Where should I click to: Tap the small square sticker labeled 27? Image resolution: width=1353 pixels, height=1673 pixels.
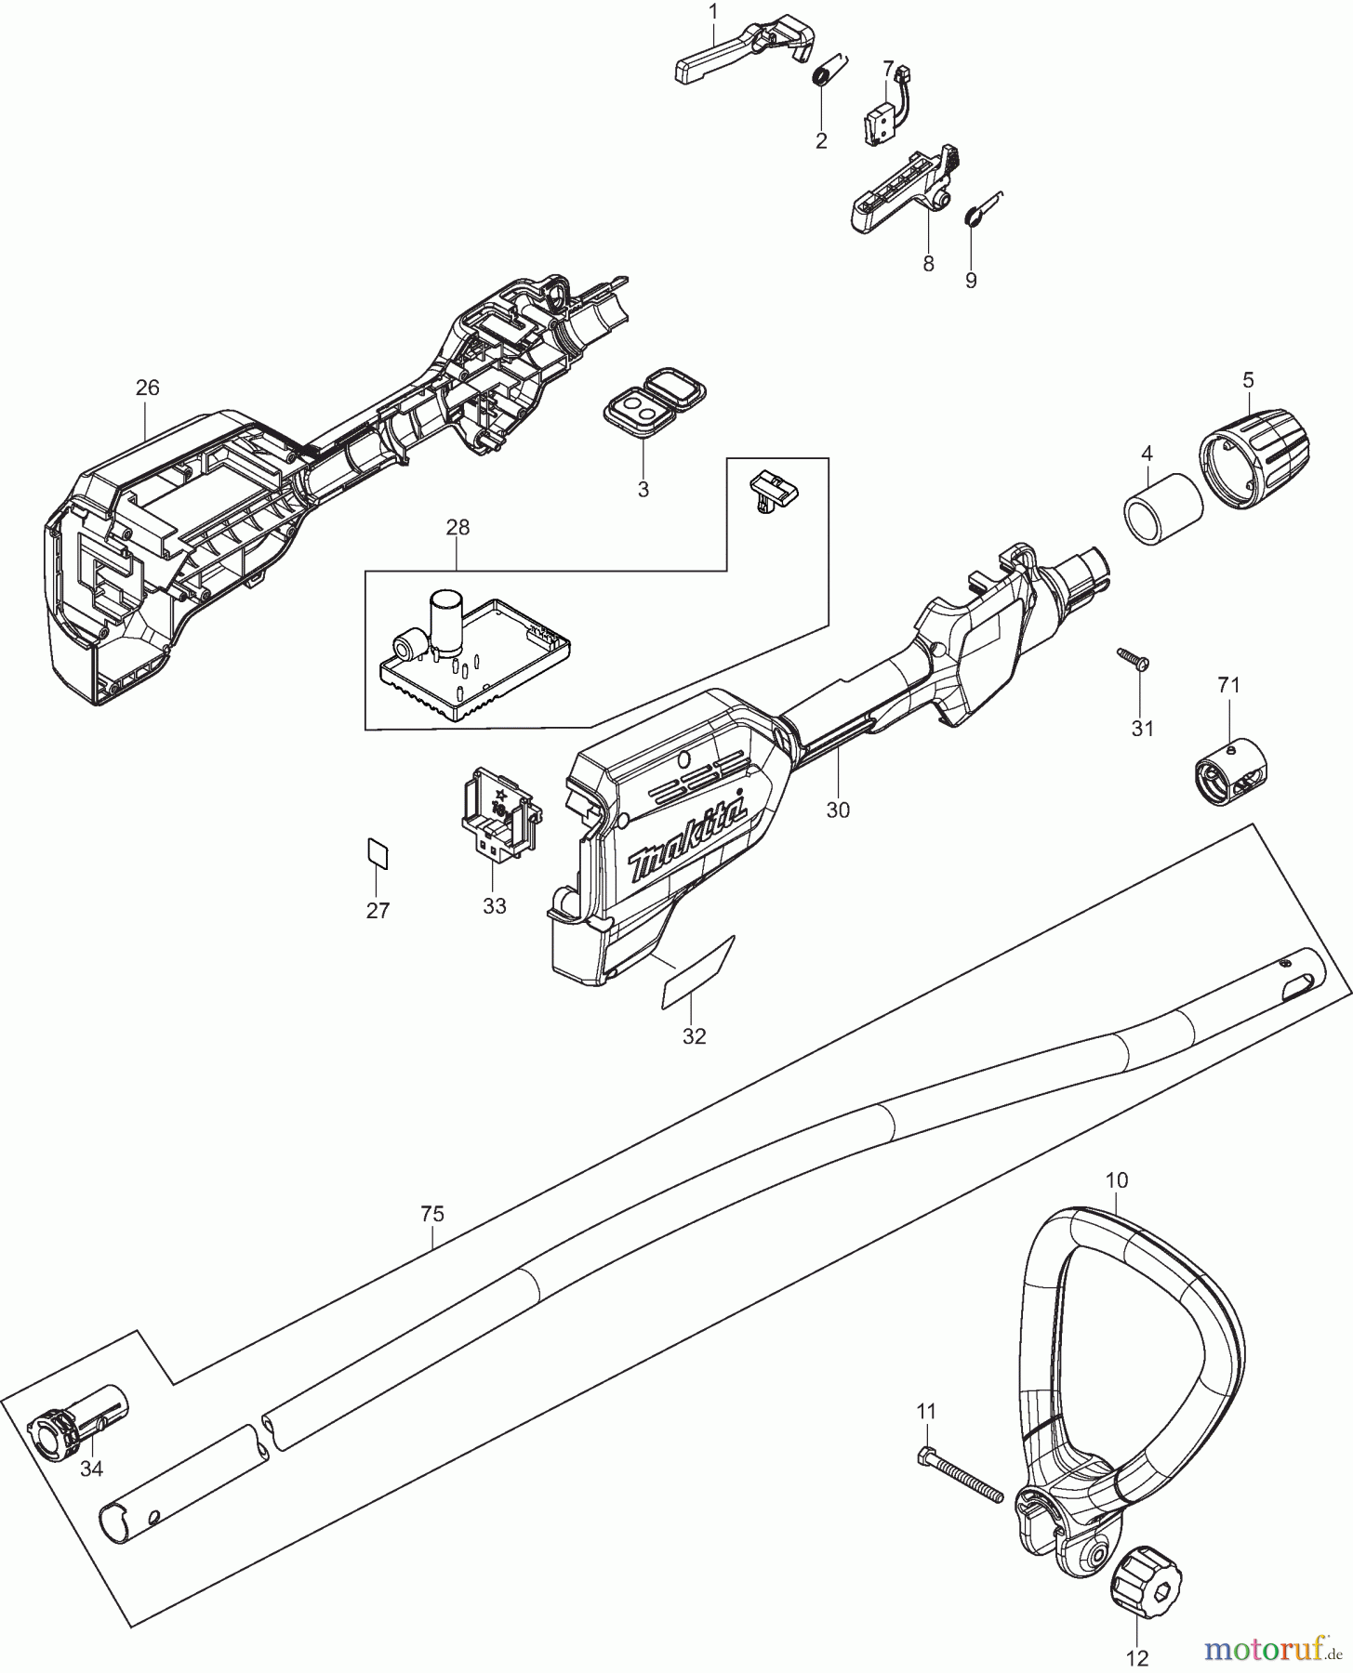click(378, 852)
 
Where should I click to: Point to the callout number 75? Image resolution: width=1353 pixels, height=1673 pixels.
click(431, 1214)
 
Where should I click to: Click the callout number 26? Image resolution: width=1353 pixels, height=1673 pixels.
click(147, 389)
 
